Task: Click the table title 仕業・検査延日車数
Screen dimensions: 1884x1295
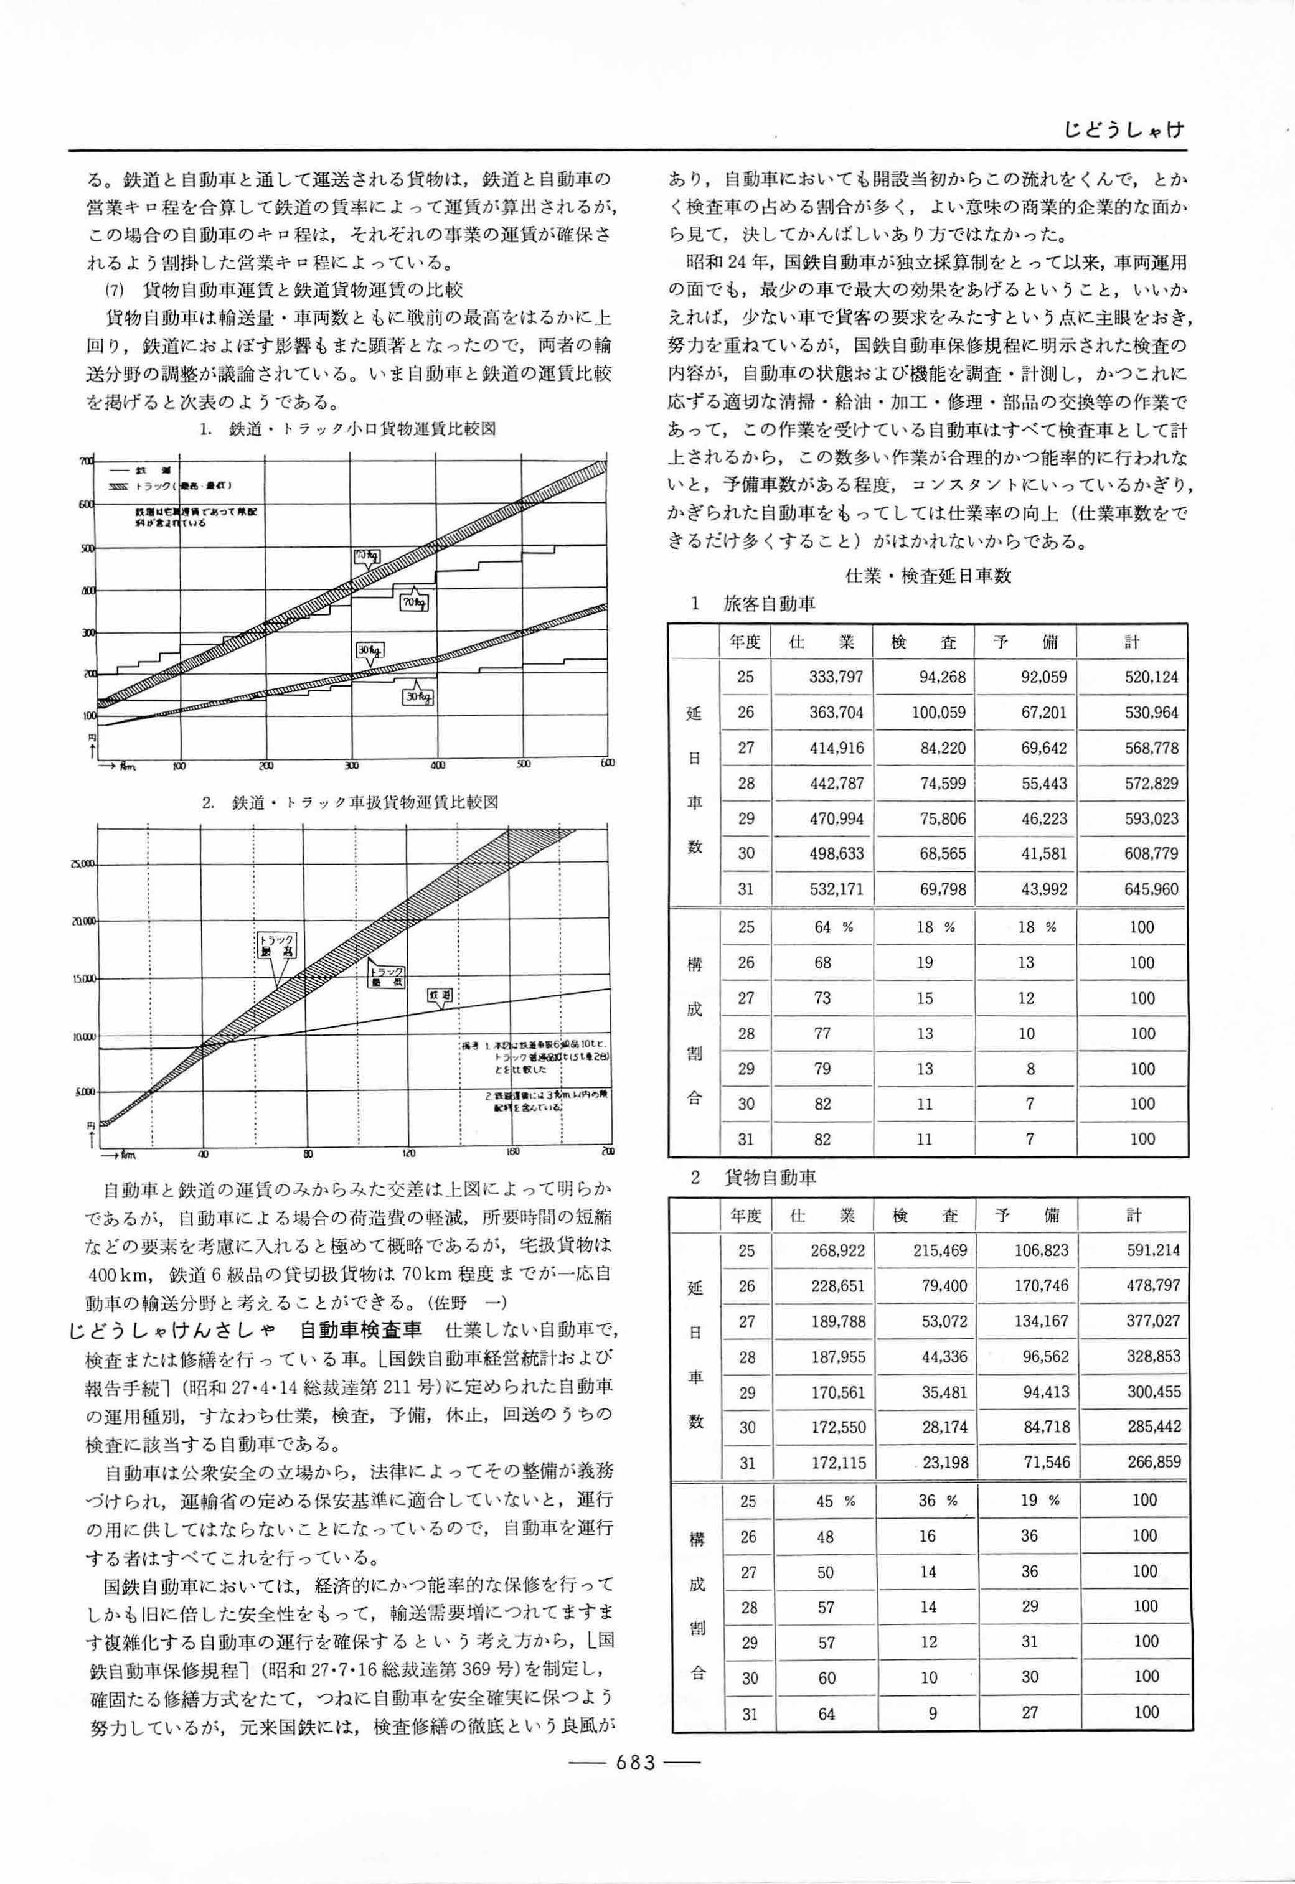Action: tap(928, 576)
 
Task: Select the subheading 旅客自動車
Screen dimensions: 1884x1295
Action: tap(768, 603)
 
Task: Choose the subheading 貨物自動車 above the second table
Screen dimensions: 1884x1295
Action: tap(769, 1177)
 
